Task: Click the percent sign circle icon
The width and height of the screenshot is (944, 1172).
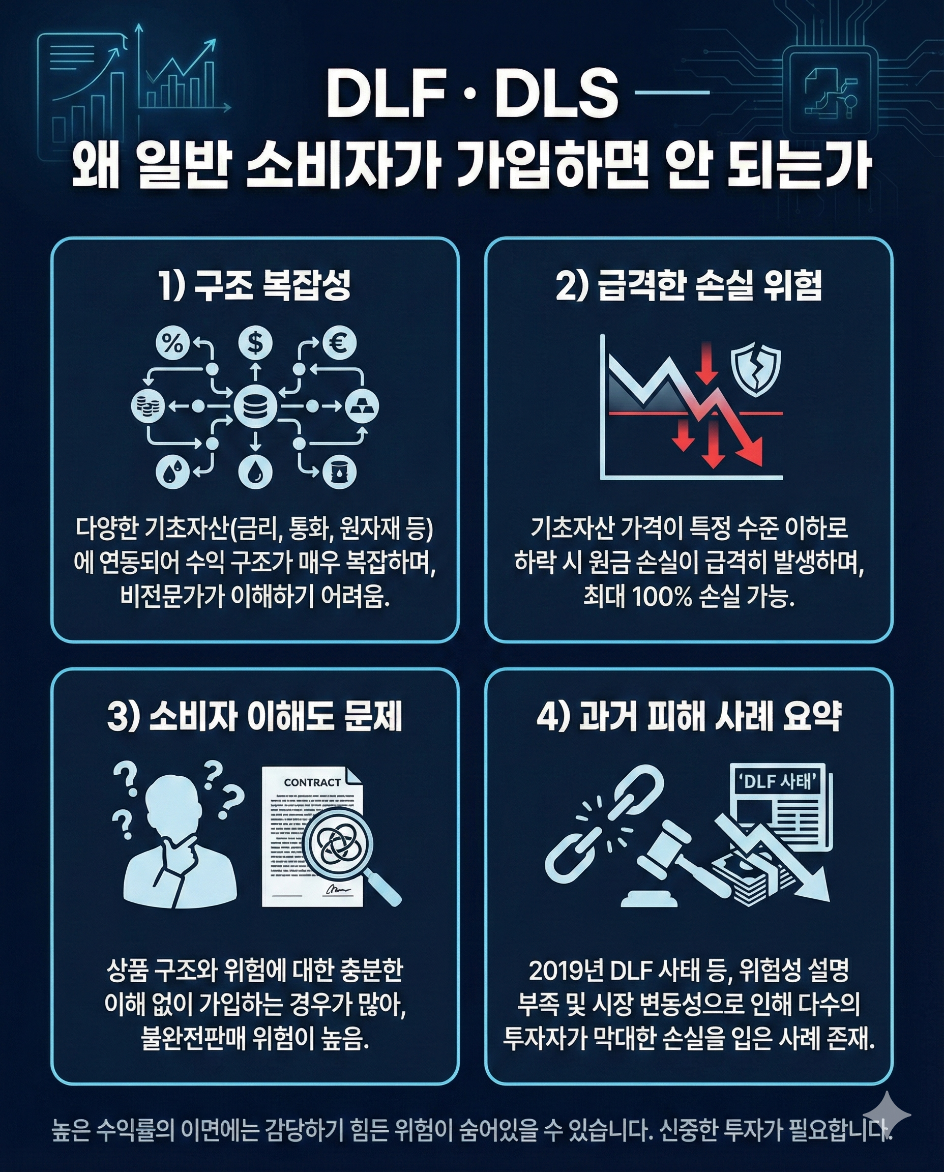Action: (173, 344)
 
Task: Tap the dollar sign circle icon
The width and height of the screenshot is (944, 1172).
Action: (255, 343)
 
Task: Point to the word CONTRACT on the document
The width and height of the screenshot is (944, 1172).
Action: (312, 782)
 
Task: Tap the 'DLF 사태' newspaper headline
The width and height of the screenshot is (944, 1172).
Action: (776, 782)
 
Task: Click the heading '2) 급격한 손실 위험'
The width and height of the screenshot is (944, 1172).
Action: (689, 286)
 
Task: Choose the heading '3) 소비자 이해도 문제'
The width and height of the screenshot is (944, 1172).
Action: (254, 717)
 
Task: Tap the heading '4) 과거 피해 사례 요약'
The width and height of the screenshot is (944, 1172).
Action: (689, 717)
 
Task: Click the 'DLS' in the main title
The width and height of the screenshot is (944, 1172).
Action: (556, 96)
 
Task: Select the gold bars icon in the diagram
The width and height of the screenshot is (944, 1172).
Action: (362, 406)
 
